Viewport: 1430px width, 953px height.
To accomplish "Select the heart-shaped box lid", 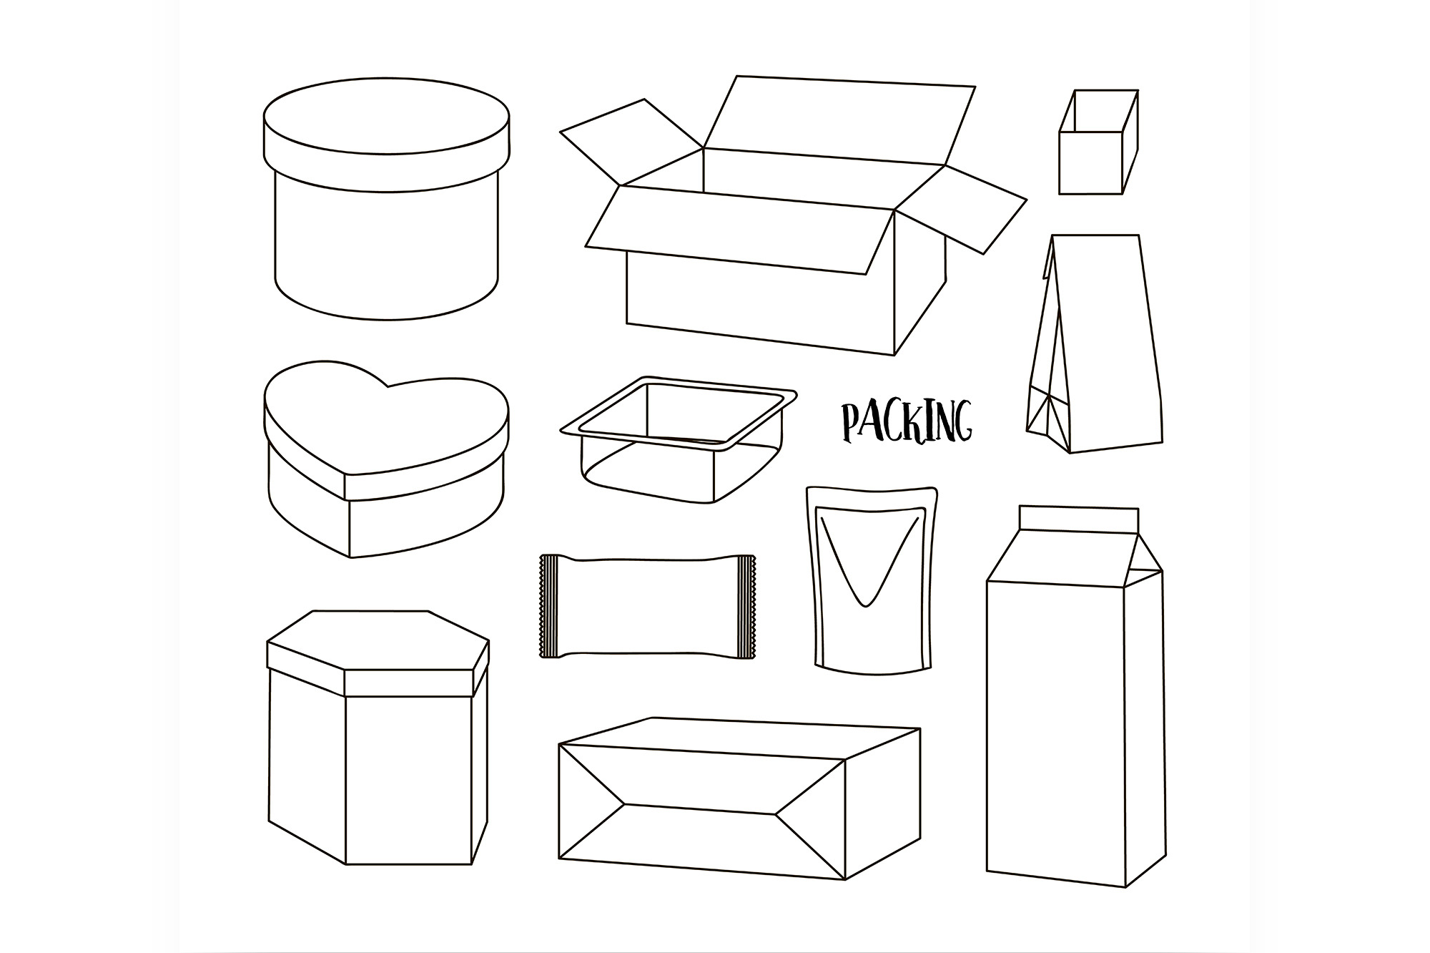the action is tap(386, 430).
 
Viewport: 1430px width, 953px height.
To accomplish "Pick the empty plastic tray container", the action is tap(678, 439).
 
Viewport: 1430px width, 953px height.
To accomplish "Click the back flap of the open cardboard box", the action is tap(840, 121).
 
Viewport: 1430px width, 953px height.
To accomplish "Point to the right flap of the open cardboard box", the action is tap(962, 208).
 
